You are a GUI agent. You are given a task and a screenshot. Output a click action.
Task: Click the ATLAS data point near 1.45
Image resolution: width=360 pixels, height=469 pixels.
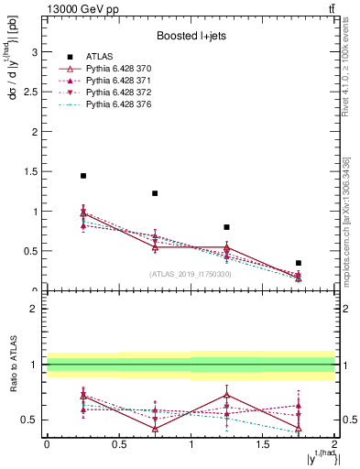[82, 176]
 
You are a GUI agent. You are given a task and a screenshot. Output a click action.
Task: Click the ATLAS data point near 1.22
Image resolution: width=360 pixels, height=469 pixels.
[155, 193]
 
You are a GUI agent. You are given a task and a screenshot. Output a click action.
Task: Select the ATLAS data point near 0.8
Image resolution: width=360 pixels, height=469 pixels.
[226, 227]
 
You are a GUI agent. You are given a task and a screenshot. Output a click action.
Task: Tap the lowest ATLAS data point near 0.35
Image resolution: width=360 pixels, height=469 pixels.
[299, 263]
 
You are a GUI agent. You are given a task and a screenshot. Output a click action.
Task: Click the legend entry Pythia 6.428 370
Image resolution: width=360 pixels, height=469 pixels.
[109, 70]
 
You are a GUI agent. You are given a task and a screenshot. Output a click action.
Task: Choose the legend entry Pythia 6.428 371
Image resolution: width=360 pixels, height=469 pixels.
[109, 82]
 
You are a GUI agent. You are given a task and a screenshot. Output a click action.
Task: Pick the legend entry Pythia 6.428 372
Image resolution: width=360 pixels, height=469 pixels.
[109, 93]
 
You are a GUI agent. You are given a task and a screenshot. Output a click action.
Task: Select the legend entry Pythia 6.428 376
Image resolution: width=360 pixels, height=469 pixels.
[109, 105]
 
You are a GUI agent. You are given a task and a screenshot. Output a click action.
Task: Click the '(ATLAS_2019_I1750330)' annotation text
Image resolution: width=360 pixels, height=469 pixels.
[190, 274]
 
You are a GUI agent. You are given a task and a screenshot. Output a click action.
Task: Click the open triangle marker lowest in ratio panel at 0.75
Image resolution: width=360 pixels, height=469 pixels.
[155, 428]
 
